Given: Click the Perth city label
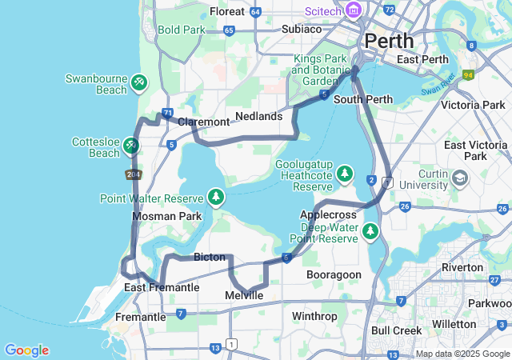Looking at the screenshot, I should click(389, 41).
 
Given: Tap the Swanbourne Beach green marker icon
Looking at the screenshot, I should click(139, 81).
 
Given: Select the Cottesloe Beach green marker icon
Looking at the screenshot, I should click(130, 146).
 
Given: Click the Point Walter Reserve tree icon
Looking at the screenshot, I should click(215, 197).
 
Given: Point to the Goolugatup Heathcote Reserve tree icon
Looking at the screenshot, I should click(345, 173).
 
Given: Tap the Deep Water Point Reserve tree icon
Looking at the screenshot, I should click(370, 231).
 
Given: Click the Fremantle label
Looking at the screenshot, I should click(140, 317).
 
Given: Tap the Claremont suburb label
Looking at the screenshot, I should click(204, 122).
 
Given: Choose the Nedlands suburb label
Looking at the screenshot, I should click(259, 117).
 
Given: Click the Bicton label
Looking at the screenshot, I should click(210, 258).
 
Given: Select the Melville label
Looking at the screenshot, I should click(244, 296).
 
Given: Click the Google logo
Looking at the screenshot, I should click(26, 350).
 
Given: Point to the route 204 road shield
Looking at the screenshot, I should click(134, 174).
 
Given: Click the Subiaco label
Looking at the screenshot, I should click(279, 29).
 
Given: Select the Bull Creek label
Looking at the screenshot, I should click(396, 330).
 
